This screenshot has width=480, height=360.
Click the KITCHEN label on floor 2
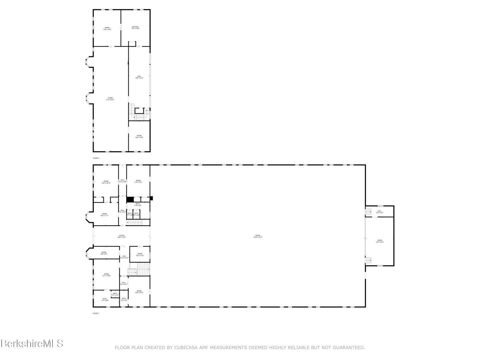pyautogui.click(x=135, y=28)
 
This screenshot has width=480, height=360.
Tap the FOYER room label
pyautogui.click(x=121, y=236)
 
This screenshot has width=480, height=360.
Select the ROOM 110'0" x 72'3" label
pyautogui.click(x=258, y=236)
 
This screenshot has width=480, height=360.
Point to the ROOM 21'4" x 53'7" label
pyautogui.click(x=110, y=99)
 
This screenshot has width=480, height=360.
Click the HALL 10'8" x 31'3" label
pyautogui.click(x=139, y=77)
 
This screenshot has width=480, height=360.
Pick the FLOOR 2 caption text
pyautogui.click(x=96, y=158)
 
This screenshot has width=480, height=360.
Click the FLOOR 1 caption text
pyautogui.click(x=96, y=313)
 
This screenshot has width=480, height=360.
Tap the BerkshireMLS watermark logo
pyautogui.click(x=32, y=344)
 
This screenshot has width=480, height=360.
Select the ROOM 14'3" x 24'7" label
pyautogui.click(x=380, y=241)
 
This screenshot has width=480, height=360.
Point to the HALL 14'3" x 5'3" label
pyautogui.click(x=380, y=212)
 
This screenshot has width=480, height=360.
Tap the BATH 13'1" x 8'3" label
pyautogui.click(x=105, y=299)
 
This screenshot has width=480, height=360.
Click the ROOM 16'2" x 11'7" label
pyautogui.click(x=104, y=215)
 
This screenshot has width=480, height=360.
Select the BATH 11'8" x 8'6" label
pyautogui.click(x=138, y=204)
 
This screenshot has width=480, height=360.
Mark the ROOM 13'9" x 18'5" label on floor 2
pyautogui.click(x=107, y=28)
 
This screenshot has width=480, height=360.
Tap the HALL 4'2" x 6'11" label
pyautogui.click(x=124, y=283)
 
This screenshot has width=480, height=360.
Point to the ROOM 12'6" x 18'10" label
pyautogui.click(x=106, y=182)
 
